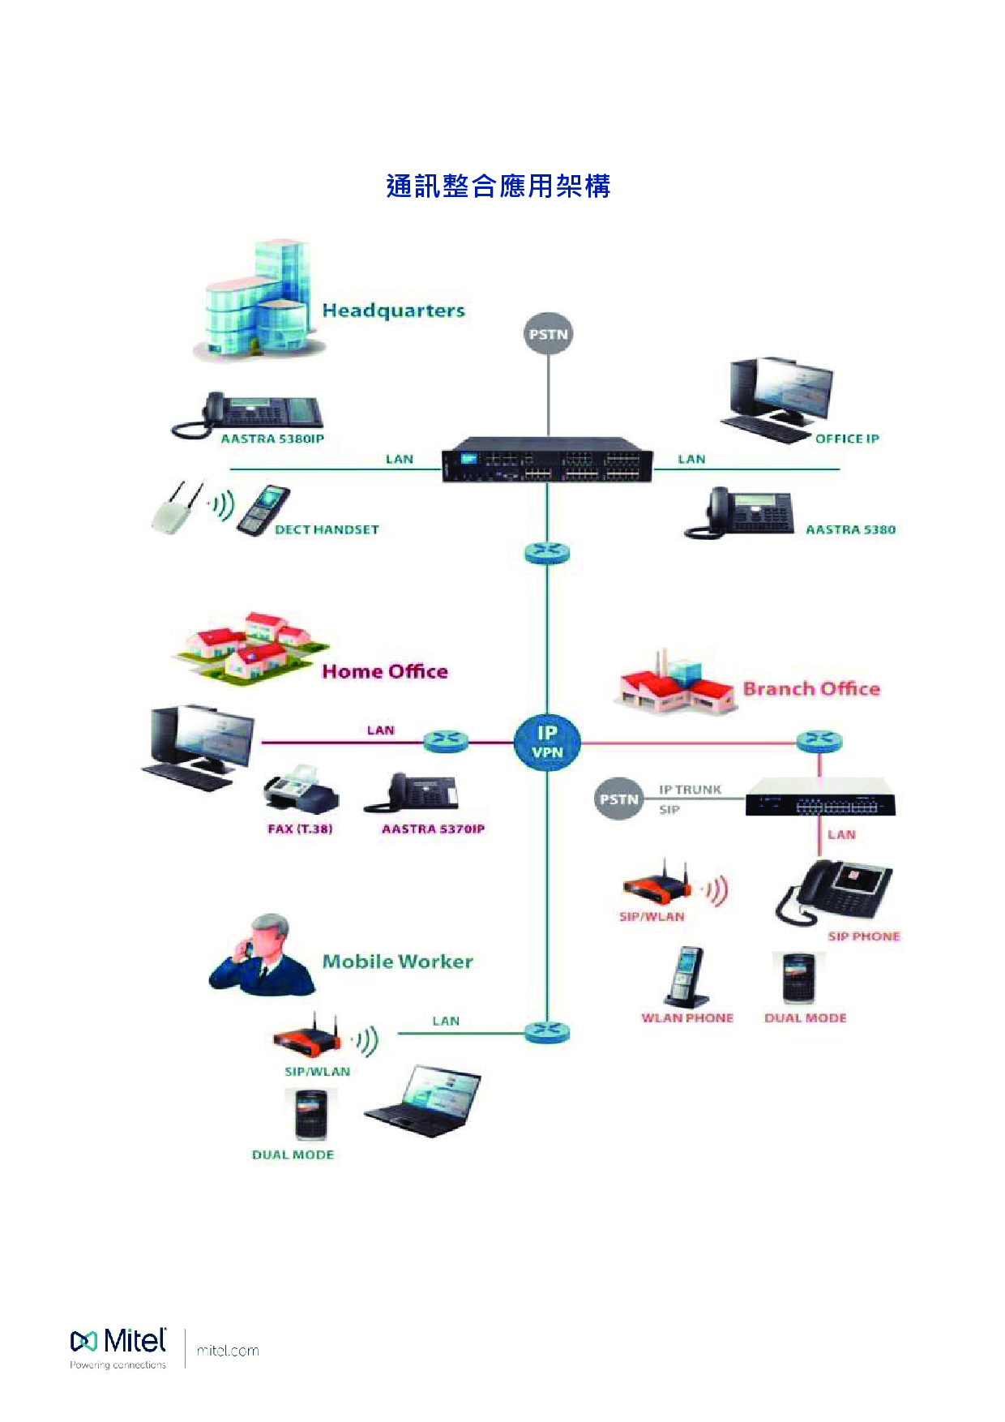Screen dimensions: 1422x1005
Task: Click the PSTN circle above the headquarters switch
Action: pyautogui.click(x=548, y=334)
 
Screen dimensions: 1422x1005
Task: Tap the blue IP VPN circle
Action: pyautogui.click(x=547, y=742)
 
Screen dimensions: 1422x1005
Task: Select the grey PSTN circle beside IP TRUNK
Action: pyautogui.click(x=618, y=799)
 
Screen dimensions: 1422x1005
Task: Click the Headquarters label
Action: pyautogui.click(x=393, y=311)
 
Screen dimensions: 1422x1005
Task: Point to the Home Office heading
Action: pyautogui.click(x=385, y=671)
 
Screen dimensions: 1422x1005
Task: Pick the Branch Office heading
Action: pyautogui.click(x=811, y=689)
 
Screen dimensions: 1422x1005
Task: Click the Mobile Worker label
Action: pyautogui.click(x=397, y=962)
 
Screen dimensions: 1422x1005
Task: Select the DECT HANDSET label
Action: pyautogui.click(x=327, y=529)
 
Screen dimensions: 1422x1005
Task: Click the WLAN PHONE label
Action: pyautogui.click(x=687, y=1018)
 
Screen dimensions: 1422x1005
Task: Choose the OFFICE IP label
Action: pyautogui.click(x=847, y=439)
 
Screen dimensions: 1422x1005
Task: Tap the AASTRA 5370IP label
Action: pyautogui.click(x=433, y=829)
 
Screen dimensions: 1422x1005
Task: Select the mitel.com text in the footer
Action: pyautogui.click(x=228, y=1351)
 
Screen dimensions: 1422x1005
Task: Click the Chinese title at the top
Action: pyautogui.click(x=498, y=186)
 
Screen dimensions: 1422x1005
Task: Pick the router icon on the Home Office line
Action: pyautogui.click(x=446, y=740)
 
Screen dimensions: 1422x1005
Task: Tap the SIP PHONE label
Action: pyautogui.click(x=864, y=936)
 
